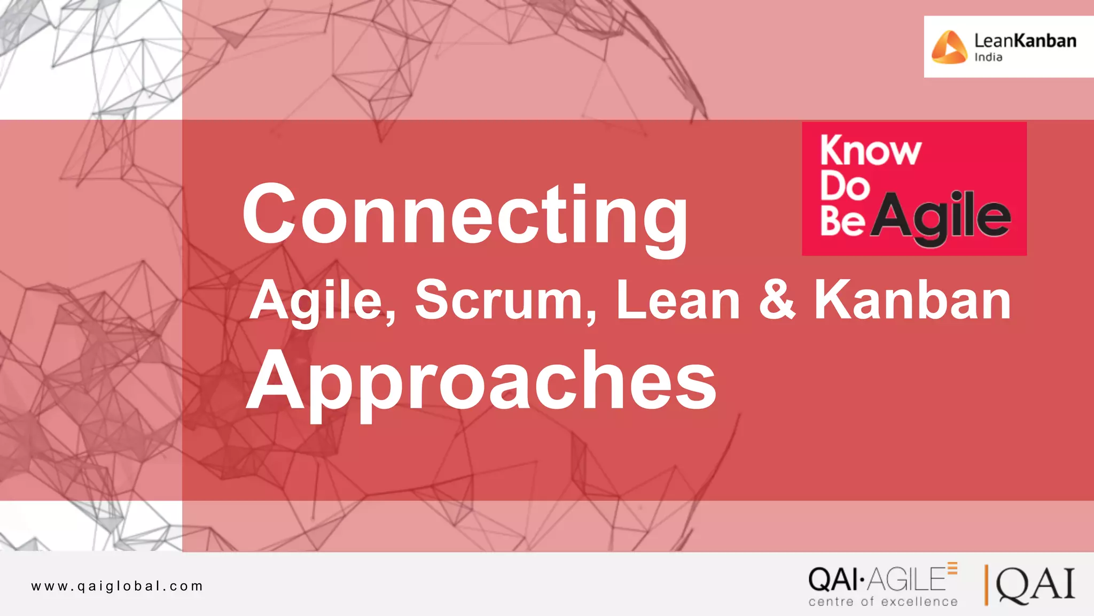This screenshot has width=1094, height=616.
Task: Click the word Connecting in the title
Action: (x=465, y=214)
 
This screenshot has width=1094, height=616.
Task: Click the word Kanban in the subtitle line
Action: (x=912, y=301)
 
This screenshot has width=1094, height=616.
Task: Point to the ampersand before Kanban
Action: (x=777, y=301)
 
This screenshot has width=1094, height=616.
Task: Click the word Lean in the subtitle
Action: (x=678, y=301)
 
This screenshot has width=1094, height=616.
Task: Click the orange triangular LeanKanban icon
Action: (x=949, y=47)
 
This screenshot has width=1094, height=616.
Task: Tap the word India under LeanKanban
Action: (x=988, y=57)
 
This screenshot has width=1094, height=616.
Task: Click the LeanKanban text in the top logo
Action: (x=1025, y=41)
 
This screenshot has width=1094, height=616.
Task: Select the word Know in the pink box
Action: (x=871, y=151)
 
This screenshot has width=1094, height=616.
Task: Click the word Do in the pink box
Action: (x=845, y=186)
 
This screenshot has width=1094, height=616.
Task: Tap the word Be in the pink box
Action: (x=842, y=220)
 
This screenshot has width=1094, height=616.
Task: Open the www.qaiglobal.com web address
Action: (x=117, y=586)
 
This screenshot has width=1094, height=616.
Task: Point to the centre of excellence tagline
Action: (x=883, y=602)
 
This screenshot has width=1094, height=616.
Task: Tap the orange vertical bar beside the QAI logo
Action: (x=986, y=585)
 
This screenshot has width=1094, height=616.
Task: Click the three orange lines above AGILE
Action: (x=952, y=568)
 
